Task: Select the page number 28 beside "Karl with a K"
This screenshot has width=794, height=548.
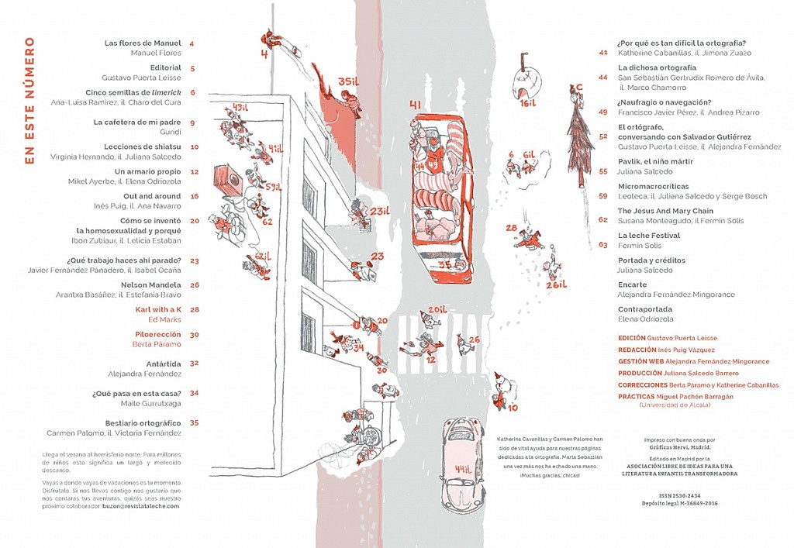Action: (195, 309)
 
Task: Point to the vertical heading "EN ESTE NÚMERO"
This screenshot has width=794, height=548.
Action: (30, 100)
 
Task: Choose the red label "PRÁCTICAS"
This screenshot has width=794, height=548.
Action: (631, 396)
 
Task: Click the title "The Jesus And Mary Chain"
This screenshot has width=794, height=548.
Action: (661, 211)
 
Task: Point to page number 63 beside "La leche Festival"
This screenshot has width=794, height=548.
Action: (603, 245)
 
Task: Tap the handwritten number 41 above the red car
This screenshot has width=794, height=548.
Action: (415, 105)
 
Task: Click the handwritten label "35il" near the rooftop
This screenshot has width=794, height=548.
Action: (350, 82)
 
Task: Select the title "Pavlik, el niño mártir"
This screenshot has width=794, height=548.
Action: (655, 161)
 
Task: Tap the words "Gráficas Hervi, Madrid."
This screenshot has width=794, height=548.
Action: (679, 447)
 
